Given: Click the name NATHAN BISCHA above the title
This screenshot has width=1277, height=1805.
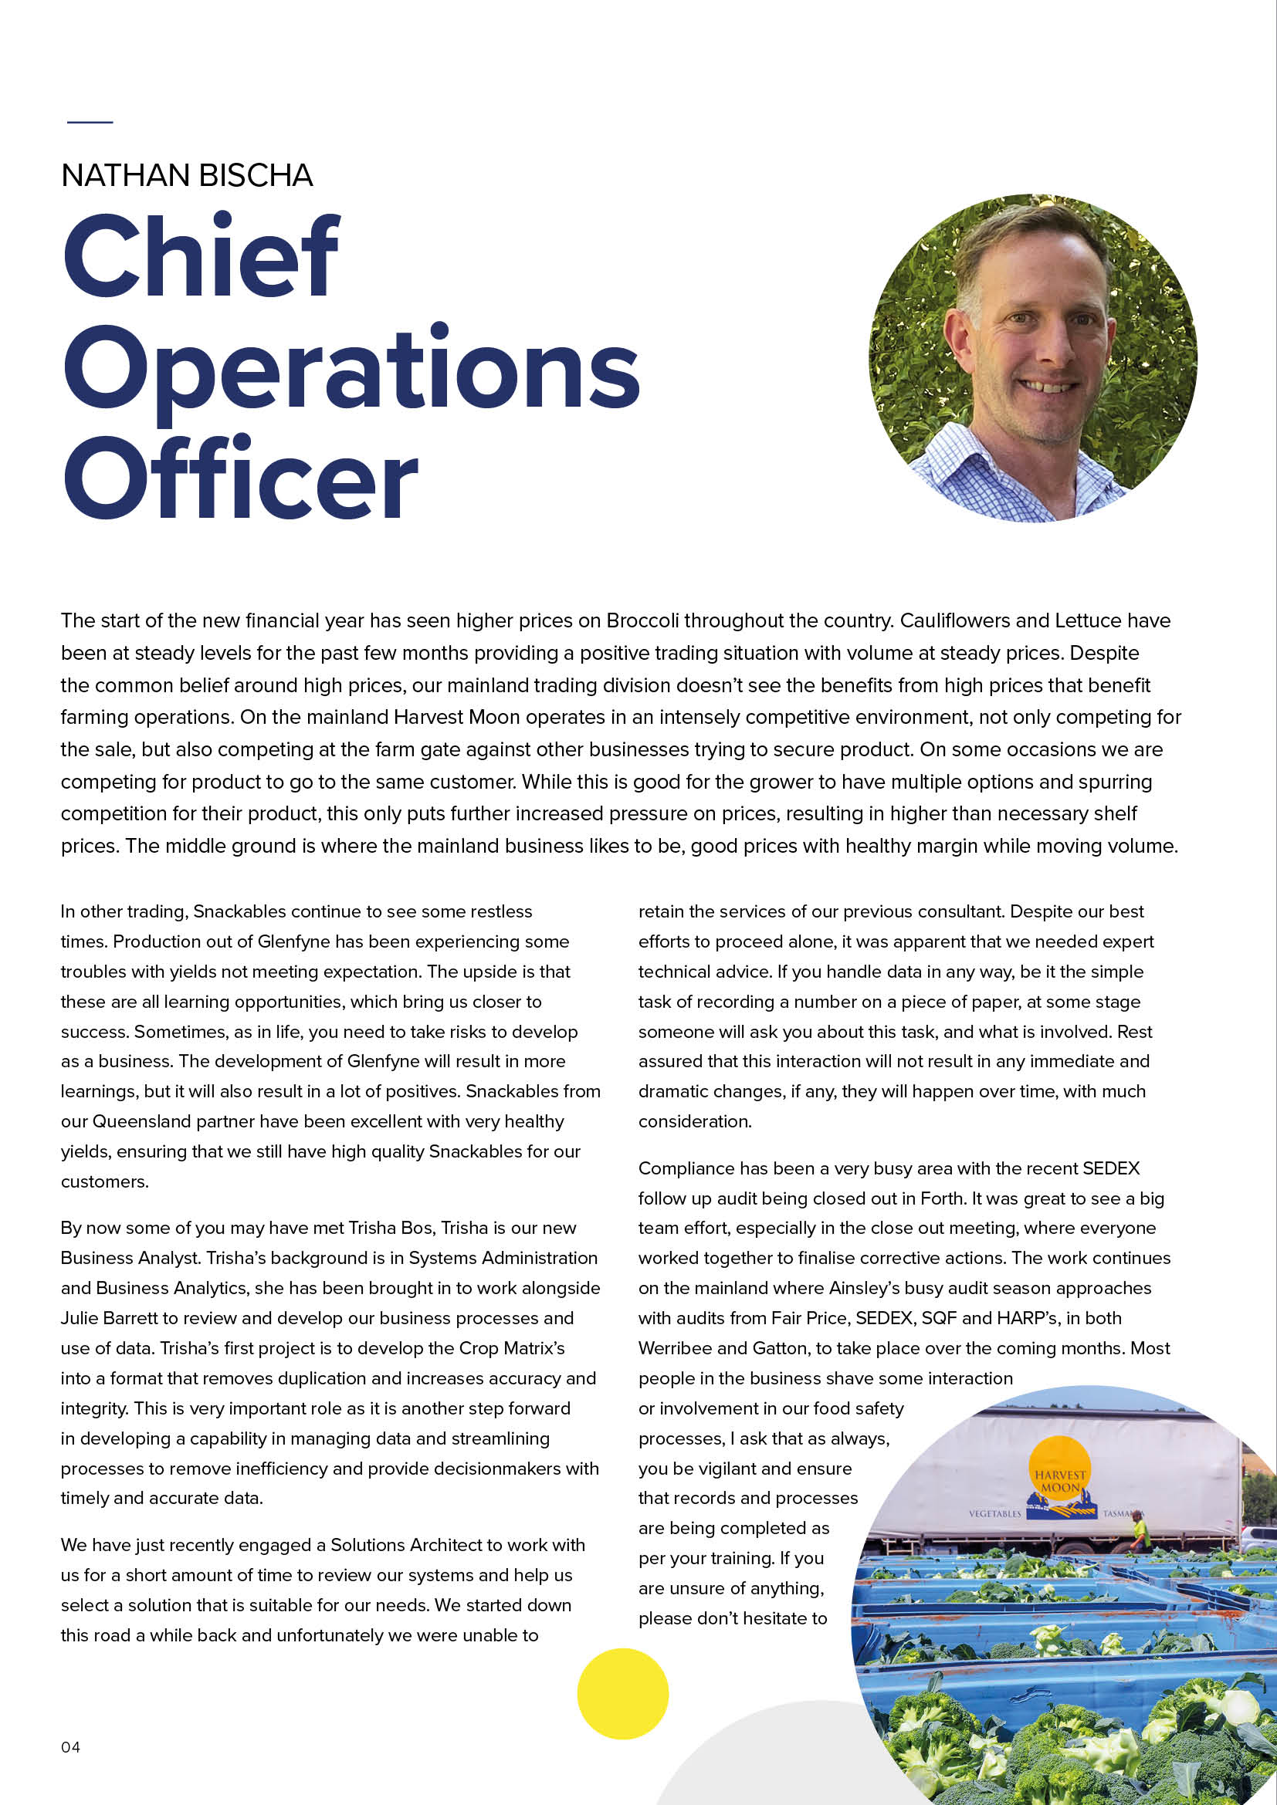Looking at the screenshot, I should [x=187, y=176].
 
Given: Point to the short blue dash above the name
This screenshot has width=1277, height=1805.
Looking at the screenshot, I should [x=90, y=122].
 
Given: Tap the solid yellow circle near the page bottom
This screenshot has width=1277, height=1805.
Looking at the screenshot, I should [x=622, y=1693].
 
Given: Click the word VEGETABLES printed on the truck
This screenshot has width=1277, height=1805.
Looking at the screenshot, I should [x=994, y=1514].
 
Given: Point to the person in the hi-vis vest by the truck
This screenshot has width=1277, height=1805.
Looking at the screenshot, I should [x=1137, y=1531].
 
